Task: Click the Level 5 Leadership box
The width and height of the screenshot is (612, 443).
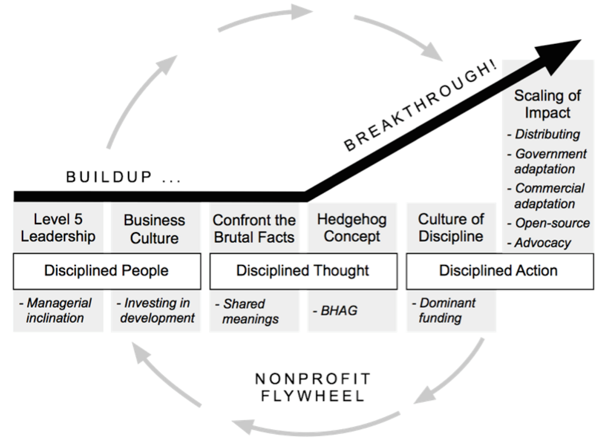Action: pyautogui.click(x=58, y=228)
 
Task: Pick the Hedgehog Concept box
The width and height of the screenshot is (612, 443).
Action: pyautogui.click(x=352, y=228)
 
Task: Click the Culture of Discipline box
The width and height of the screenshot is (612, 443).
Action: pyautogui.click(x=450, y=228)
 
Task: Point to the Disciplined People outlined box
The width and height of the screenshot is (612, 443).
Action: pyautogui.click(x=106, y=270)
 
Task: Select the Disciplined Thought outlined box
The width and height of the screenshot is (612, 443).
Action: pyautogui.click(x=302, y=270)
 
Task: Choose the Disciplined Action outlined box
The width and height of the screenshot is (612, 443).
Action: pyautogui.click(x=498, y=270)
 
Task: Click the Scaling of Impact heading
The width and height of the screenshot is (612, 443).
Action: pyautogui.click(x=547, y=104)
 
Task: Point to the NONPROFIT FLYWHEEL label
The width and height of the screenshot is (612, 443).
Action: pyautogui.click(x=313, y=387)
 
